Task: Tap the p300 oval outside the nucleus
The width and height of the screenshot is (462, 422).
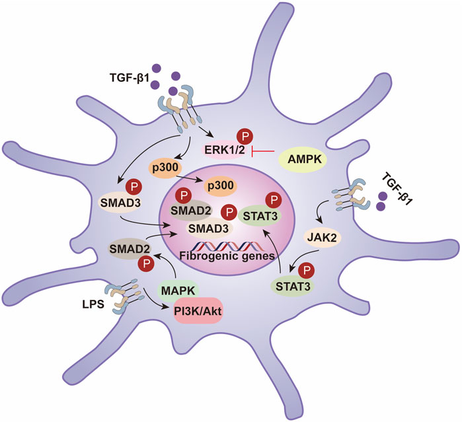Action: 177,168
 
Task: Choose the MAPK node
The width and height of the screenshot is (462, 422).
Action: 175,289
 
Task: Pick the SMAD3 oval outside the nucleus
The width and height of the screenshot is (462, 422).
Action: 116,201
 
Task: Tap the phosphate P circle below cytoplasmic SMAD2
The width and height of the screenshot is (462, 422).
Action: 143,264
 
